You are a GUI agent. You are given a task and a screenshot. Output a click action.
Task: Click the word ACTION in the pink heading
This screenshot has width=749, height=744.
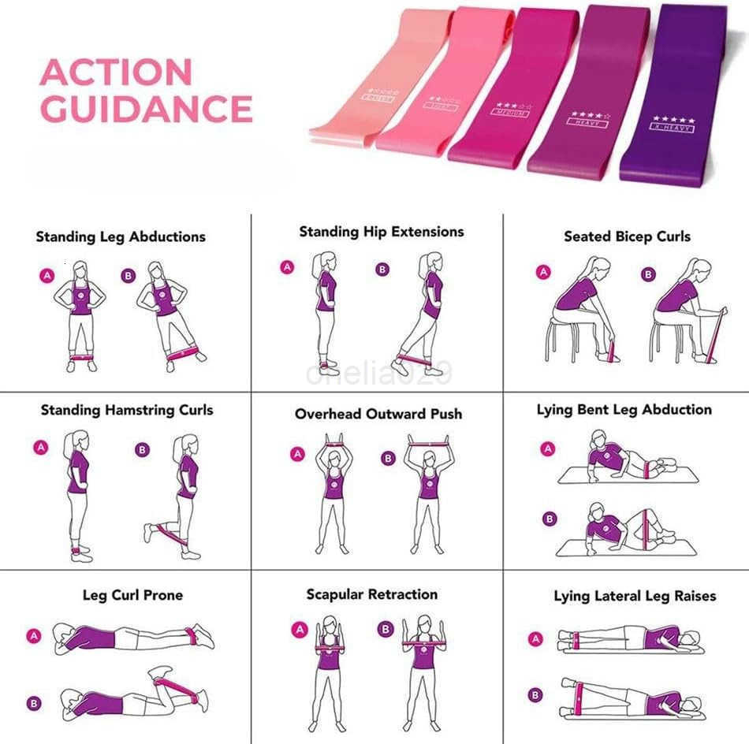pyautogui.click(x=116, y=73)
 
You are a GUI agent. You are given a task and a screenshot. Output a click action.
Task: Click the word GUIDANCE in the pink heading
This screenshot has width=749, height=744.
pyautogui.click(x=146, y=108)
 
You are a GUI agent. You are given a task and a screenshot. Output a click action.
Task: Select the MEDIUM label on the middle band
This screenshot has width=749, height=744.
pyautogui.click(x=511, y=113)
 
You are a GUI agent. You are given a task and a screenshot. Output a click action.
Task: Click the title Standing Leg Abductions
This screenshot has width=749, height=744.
pyautogui.click(x=121, y=236)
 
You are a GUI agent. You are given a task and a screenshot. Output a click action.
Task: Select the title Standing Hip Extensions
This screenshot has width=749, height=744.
pyautogui.click(x=381, y=232)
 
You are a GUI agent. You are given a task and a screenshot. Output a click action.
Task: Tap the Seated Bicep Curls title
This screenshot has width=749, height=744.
pyautogui.click(x=627, y=236)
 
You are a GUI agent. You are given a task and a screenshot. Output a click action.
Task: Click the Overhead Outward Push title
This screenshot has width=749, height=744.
pyautogui.click(x=378, y=414)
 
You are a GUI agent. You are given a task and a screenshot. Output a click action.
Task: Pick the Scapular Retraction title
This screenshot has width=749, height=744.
pyautogui.click(x=372, y=594)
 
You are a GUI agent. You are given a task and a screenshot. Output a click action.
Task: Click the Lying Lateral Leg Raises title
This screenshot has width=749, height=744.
pyautogui.click(x=635, y=596)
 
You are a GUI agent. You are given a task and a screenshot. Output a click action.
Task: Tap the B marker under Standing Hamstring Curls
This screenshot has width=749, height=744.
pyautogui.click(x=142, y=451)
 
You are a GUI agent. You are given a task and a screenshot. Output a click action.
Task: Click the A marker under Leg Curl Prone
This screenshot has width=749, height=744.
pyautogui.click(x=33, y=635)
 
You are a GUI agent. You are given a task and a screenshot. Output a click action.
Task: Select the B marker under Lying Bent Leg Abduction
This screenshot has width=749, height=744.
pyautogui.click(x=549, y=519)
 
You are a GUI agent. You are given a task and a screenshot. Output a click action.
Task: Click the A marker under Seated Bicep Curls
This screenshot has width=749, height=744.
pyautogui.click(x=543, y=273)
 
